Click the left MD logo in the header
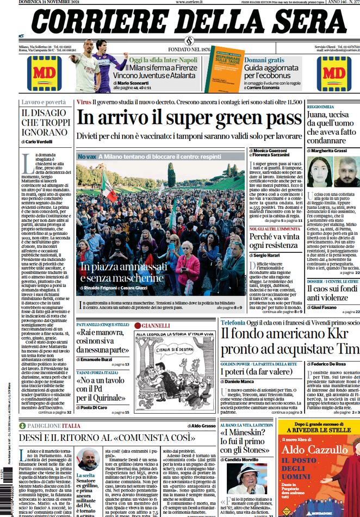[44, 73]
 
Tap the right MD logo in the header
[333, 73]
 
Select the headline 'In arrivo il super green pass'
[189, 118]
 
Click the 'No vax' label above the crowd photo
[88, 157]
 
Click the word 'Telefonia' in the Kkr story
[233, 322]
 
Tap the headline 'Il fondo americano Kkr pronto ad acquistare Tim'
[290, 341]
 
